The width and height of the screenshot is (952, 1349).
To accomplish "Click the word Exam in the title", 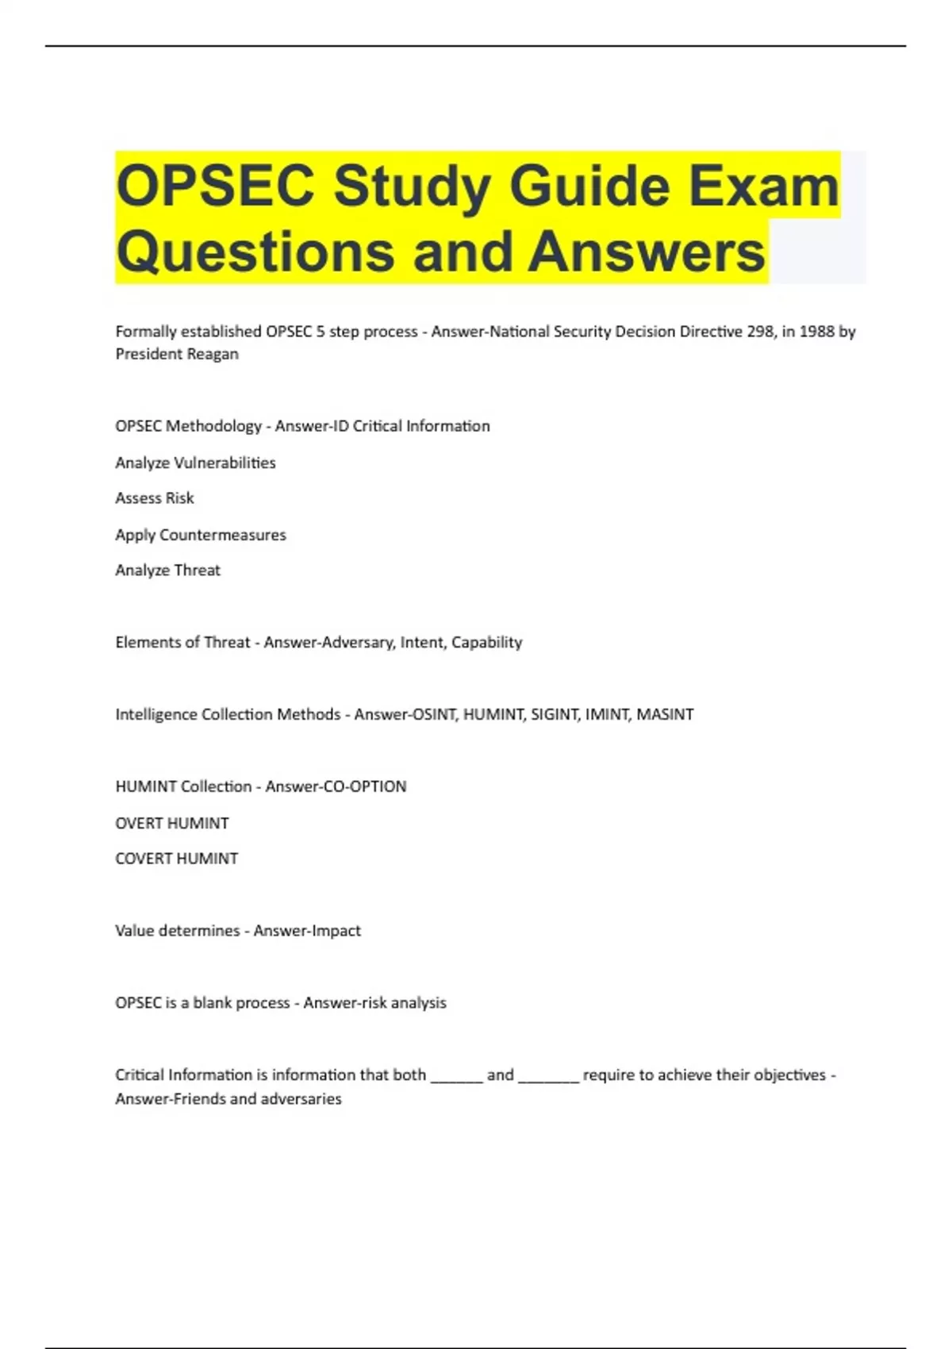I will pyautogui.click(x=763, y=186).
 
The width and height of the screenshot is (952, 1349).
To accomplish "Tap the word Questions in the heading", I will pyautogui.click(x=255, y=252).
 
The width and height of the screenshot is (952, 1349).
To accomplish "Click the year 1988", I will pyautogui.click(x=816, y=332).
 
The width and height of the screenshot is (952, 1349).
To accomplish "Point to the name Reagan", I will pyautogui.click(x=209, y=354).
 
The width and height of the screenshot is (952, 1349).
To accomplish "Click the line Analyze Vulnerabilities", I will pyautogui.click(x=195, y=463).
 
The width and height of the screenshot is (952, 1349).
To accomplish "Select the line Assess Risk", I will pyautogui.click(x=154, y=498).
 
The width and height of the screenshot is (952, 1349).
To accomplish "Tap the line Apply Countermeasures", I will pyautogui.click(x=200, y=535).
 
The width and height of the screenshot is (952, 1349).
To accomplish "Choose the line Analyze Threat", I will pyautogui.click(x=167, y=571).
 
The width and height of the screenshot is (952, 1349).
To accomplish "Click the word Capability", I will pyautogui.click(x=486, y=642).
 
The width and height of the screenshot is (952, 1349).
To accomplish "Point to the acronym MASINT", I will pyautogui.click(x=665, y=714).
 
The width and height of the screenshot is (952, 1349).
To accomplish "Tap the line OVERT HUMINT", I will pyautogui.click(x=171, y=823).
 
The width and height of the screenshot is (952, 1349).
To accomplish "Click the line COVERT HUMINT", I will pyautogui.click(x=176, y=859).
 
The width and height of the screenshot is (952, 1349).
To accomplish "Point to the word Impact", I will pyautogui.click(x=335, y=931).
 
